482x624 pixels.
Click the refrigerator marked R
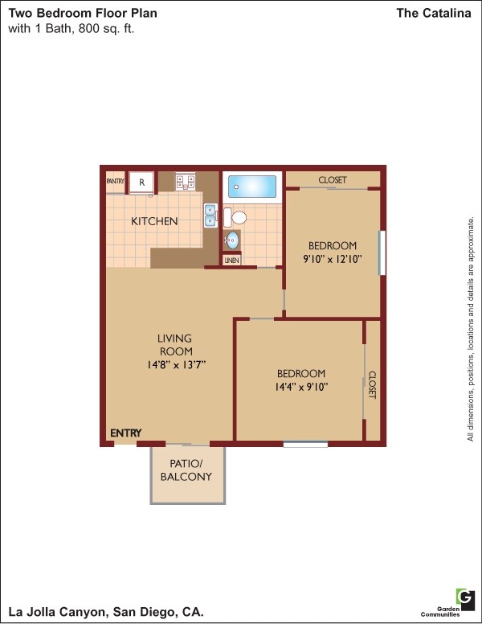point(141,183)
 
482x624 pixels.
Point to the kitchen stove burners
point(186,183)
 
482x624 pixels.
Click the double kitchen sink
point(210,216)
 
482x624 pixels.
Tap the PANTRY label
point(115,182)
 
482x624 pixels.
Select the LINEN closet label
point(232,261)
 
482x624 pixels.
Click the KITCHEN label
point(154,221)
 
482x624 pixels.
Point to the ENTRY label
point(125,433)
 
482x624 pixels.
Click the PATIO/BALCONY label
point(190,470)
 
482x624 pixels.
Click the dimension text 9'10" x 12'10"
point(333,259)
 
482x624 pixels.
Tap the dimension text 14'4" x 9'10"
point(301,387)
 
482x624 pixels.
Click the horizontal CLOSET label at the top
point(333,180)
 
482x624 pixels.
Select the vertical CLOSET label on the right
point(373,384)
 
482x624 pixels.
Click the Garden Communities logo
point(464,597)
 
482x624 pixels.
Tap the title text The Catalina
point(434,14)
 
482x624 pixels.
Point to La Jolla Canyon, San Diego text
point(105,613)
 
